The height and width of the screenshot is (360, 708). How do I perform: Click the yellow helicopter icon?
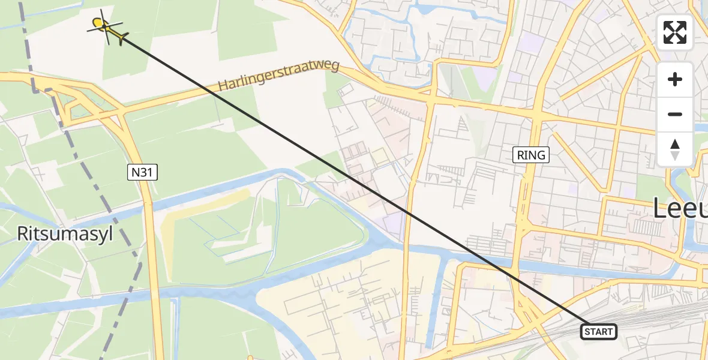pyautogui.click(x=105, y=26)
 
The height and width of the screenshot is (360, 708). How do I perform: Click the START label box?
pyautogui.click(x=598, y=332)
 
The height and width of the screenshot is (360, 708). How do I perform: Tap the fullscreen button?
pyautogui.click(x=675, y=32)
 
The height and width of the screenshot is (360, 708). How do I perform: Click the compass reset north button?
pyautogui.click(x=675, y=149)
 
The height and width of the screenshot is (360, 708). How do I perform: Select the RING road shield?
pyautogui.click(x=532, y=155)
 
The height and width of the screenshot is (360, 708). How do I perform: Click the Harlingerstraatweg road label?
pyautogui.click(x=279, y=76)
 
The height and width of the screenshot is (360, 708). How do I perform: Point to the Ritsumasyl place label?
pyautogui.click(x=65, y=234)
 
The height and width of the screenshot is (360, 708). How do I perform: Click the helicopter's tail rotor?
pyautogui.click(x=122, y=38)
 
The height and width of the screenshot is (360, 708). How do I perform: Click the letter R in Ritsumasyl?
pyautogui.click(x=23, y=234)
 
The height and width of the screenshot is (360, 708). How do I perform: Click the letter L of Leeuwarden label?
pyautogui.click(x=659, y=209)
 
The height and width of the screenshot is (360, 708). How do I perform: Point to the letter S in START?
pyautogui.click(x=586, y=332)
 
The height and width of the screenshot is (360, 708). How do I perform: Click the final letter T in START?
pyautogui.click(x=610, y=332)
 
